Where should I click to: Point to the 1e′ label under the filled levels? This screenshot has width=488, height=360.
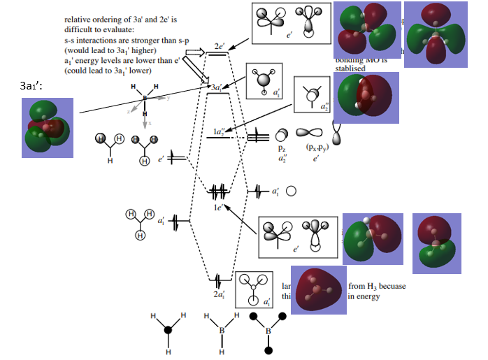(x=218, y=207)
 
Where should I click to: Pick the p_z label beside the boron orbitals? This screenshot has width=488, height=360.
(x=282, y=149)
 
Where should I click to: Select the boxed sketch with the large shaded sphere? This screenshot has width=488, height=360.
(x=264, y=79)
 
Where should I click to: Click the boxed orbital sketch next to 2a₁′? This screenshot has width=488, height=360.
(x=255, y=289)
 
